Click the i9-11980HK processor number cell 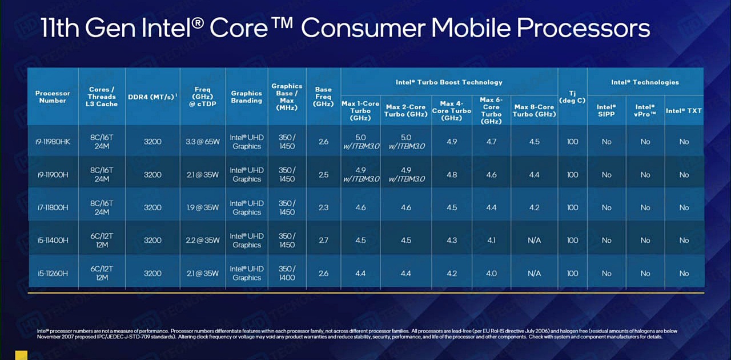(x=53, y=142)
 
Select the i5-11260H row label (x=53, y=274)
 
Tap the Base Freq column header (x=323, y=97)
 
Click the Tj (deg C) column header (x=572, y=97)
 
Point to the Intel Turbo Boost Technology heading (x=449, y=82)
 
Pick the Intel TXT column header (x=684, y=110)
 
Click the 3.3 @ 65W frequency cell (x=202, y=142)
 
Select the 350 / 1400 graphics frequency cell (x=287, y=273)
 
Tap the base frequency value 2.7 (x=323, y=241)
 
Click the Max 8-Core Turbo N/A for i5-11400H (x=534, y=241)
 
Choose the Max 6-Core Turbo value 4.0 (x=491, y=274)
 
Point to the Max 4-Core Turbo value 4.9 (x=451, y=142)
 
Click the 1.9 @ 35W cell (x=202, y=207)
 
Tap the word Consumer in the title (x=362, y=28)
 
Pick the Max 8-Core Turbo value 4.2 (x=534, y=207)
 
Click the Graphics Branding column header (x=246, y=97)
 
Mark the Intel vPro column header (x=645, y=110)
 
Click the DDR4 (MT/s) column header (x=152, y=97)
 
